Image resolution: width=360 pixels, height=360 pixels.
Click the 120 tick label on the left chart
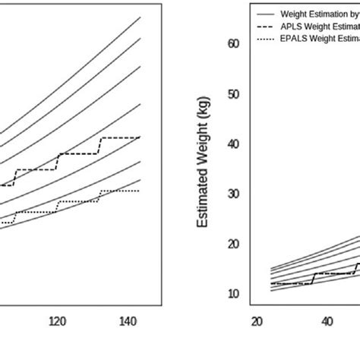click(58, 321)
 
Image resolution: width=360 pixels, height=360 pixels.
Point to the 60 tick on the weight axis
click(233, 44)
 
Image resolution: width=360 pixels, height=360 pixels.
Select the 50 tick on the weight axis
click(233, 94)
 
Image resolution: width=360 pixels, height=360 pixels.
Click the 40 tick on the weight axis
click(233, 144)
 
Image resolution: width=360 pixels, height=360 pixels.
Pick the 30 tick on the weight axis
click(233, 194)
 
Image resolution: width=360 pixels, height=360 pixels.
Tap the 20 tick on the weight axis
click(233, 244)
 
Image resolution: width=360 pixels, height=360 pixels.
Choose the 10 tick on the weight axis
click(233, 294)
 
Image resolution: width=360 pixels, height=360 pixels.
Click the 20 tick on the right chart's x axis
click(257, 321)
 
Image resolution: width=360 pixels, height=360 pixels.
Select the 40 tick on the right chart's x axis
click(327, 321)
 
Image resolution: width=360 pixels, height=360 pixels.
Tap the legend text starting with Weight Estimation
click(319, 14)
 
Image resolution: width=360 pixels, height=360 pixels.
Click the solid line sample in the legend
click(266, 14)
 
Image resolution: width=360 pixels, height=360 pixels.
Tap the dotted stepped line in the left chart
click(76, 201)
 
